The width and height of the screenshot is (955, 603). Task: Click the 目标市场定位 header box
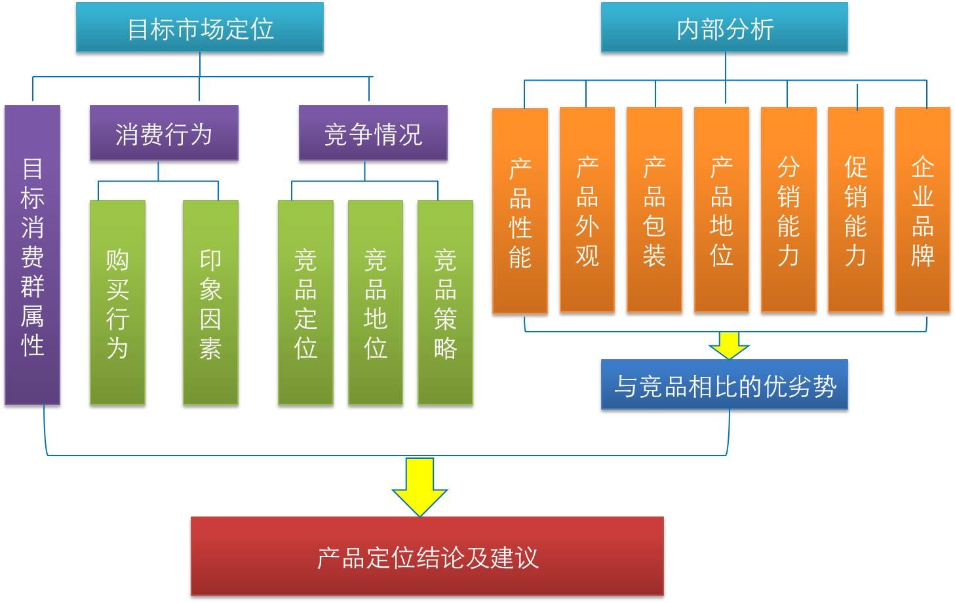(200, 28)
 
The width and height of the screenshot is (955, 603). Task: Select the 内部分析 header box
(724, 28)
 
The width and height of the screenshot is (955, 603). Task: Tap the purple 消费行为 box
(164, 133)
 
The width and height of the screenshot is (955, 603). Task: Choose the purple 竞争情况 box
(373, 133)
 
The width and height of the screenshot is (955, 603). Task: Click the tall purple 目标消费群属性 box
(33, 256)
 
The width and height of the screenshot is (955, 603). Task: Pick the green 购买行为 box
(117, 302)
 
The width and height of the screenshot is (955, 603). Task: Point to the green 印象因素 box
(210, 302)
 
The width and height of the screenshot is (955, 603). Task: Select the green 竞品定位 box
(305, 302)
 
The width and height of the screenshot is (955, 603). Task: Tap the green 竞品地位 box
(376, 302)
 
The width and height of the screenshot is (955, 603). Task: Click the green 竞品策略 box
(445, 302)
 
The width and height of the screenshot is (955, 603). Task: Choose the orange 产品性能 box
(520, 210)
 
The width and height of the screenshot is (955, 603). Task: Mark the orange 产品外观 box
(587, 210)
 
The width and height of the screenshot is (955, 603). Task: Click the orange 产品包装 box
(654, 210)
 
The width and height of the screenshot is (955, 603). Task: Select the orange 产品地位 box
(722, 210)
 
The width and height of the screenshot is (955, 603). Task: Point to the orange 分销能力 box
(789, 210)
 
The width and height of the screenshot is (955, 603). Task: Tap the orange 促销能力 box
(855, 210)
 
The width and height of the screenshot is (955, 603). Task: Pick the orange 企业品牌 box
(923, 210)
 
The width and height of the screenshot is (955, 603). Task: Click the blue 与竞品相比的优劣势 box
(724, 385)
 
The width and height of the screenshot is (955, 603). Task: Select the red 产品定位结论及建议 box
(427, 556)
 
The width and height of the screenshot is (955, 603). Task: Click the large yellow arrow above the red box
(419, 486)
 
